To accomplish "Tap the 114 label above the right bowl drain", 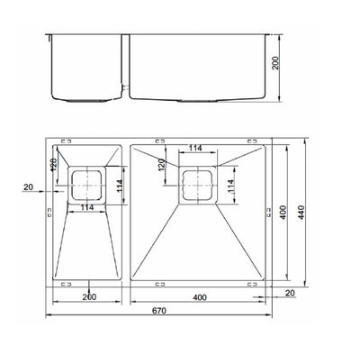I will pyautogui.click(x=194, y=149).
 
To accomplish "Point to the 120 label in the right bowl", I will pyautogui.click(x=162, y=165).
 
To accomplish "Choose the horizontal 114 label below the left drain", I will pyautogui.click(x=87, y=208).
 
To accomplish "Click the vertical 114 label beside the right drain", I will pyautogui.click(x=231, y=187).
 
